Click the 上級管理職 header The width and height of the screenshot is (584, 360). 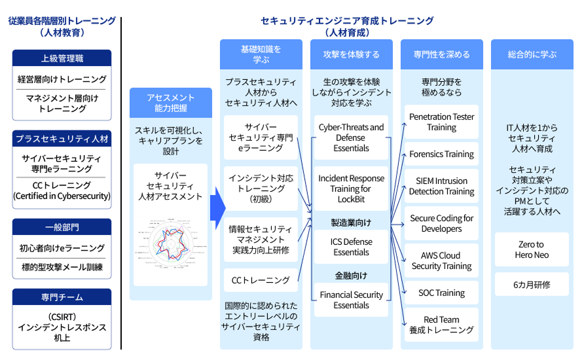[62, 58]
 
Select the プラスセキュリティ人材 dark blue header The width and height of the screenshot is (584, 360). [62, 139]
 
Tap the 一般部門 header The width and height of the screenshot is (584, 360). [62, 227]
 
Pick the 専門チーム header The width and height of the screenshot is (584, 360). [62, 297]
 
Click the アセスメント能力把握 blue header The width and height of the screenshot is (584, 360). [170, 102]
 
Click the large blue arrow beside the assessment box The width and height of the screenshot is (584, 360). [217, 208]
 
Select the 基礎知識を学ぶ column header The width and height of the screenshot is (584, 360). [261, 54]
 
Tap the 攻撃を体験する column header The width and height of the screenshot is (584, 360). [351, 54]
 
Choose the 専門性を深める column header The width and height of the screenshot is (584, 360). [441, 54]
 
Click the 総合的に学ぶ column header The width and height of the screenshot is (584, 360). [532, 54]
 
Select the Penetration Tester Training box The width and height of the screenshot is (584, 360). [441, 122]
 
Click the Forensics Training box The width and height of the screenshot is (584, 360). [441, 154]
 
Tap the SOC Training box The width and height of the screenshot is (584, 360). [441, 293]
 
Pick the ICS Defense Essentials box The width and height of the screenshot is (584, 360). [351, 247]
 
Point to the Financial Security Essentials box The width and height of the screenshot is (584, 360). [351, 300]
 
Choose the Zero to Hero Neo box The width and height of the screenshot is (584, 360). [532, 249]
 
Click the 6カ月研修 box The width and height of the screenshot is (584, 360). [532, 285]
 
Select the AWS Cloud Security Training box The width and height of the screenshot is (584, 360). [441, 261]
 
